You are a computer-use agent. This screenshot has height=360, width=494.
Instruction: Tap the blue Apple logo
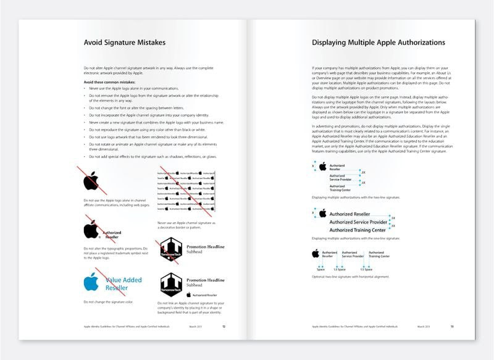(91, 282)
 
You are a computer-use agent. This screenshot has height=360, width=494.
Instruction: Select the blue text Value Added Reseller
(123, 283)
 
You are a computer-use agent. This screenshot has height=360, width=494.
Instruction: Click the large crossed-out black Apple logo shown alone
(91, 181)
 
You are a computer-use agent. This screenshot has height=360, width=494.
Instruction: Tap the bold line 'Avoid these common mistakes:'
(108, 82)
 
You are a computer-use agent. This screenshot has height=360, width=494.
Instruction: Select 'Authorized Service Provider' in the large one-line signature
(358, 222)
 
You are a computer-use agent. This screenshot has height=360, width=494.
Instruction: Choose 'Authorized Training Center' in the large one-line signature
(356, 230)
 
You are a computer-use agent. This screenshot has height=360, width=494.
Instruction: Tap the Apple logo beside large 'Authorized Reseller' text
(322, 213)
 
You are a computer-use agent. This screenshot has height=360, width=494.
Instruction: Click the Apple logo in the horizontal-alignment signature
(315, 253)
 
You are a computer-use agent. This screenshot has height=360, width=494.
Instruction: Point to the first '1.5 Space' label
(336, 269)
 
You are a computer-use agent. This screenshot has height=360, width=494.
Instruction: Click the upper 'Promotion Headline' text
(206, 247)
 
